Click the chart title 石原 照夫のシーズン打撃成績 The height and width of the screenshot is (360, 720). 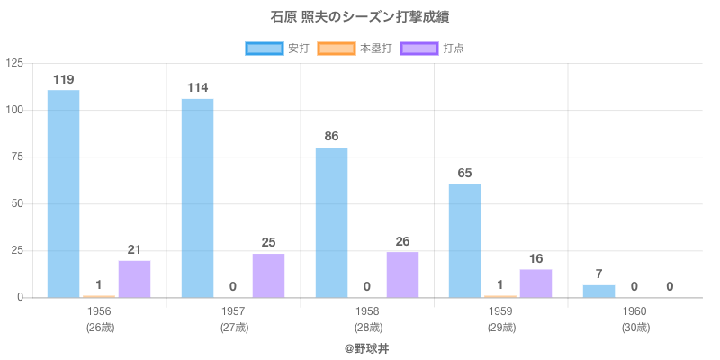[360, 17]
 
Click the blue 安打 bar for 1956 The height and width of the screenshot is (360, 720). [63, 193]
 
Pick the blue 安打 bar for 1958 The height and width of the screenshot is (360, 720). [331, 222]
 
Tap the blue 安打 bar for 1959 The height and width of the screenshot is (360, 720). [465, 240]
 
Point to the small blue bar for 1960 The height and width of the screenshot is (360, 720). [598, 291]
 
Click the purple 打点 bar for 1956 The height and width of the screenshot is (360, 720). [134, 279]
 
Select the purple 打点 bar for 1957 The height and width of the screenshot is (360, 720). [268, 275]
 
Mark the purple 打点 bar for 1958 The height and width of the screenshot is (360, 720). [402, 274]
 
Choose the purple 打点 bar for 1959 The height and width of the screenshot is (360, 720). [536, 283]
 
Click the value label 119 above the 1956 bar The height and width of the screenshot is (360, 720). [63, 79]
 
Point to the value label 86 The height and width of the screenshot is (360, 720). [331, 137]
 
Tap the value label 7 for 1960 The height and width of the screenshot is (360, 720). [598, 274]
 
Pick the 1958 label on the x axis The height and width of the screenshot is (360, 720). [368, 311]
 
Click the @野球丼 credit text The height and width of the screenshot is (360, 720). [366, 347]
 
